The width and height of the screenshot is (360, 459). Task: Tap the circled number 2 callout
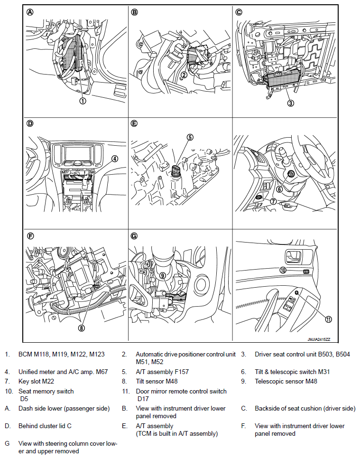(185, 75)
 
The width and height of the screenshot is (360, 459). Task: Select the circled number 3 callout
(291, 102)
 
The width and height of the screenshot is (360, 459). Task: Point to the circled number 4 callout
(114, 159)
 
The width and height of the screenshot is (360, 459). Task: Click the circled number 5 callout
(190, 138)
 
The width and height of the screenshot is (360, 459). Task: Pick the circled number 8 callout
(82, 327)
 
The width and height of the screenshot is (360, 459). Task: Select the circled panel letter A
(30, 13)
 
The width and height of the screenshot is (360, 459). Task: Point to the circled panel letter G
(134, 235)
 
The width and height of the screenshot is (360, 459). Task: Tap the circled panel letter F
(30, 235)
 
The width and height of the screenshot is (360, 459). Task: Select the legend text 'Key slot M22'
(37, 381)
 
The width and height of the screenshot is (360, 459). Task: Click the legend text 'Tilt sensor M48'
(158, 381)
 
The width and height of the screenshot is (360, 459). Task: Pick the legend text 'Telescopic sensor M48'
(286, 381)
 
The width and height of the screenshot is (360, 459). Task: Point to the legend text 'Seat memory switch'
(46, 391)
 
